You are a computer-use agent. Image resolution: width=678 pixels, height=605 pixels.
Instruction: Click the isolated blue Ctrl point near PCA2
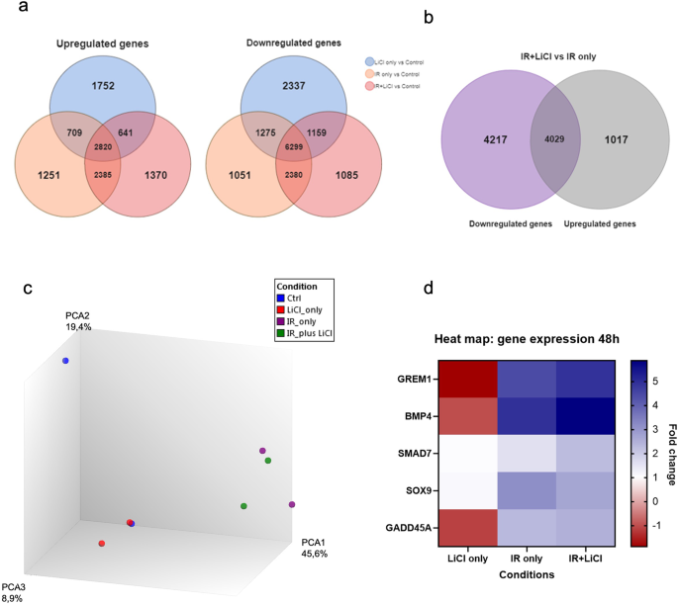65,361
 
